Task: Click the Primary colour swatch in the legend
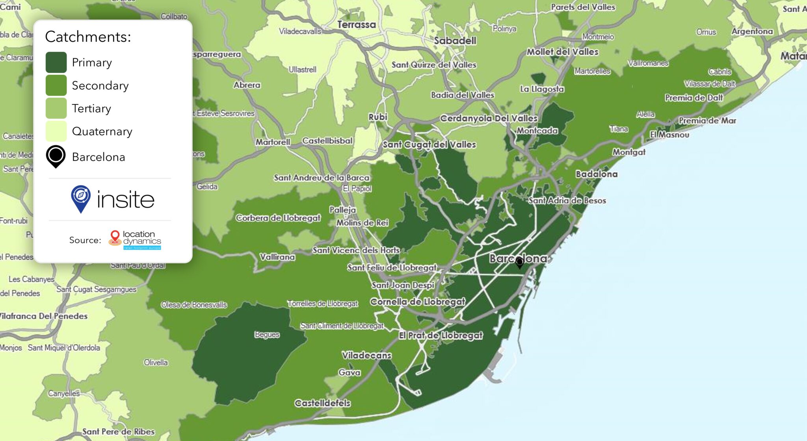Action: tap(56, 62)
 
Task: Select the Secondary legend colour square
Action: tap(56, 85)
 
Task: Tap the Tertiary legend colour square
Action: tap(56, 108)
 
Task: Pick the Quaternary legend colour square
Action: tap(56, 131)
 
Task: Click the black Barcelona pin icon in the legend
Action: tap(56, 156)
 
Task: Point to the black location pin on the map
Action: tap(520, 262)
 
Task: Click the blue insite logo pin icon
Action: tap(81, 198)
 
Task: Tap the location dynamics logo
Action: tap(135, 240)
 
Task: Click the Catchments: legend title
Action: tap(88, 37)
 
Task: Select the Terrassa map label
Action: tap(356, 24)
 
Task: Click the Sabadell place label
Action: tap(455, 41)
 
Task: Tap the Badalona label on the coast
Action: tap(596, 174)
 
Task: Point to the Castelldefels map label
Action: tap(322, 403)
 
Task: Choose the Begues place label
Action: tap(267, 334)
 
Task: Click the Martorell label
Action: tap(273, 142)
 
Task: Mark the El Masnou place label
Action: tap(669, 135)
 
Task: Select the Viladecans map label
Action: tap(366, 355)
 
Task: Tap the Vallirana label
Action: tap(277, 257)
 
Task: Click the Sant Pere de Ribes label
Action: tap(118, 432)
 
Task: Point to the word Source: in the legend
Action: tap(85, 240)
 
